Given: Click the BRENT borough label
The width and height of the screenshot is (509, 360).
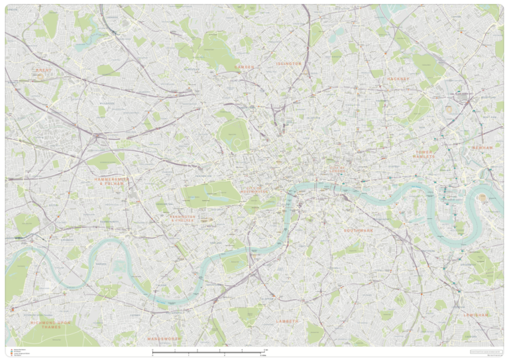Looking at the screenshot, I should [44, 69].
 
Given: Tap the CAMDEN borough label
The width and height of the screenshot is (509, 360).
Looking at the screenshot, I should [243, 67].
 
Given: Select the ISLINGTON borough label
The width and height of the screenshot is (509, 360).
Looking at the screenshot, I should [288, 64].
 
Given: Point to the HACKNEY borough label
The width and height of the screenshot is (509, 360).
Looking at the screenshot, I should [399, 78].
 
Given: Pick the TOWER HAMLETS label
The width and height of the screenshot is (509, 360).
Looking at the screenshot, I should [424, 154].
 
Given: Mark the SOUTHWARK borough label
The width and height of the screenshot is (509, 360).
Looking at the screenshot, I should [359, 230].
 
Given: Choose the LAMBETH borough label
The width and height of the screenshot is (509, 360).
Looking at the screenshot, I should [288, 320].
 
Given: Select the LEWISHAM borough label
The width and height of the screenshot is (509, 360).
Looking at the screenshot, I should [476, 314].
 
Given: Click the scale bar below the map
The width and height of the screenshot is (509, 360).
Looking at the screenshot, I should [209, 352].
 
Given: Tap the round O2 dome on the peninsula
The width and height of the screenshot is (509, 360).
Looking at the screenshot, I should [482, 198].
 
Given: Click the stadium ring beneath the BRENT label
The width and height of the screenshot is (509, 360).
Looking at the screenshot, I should [41, 76].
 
